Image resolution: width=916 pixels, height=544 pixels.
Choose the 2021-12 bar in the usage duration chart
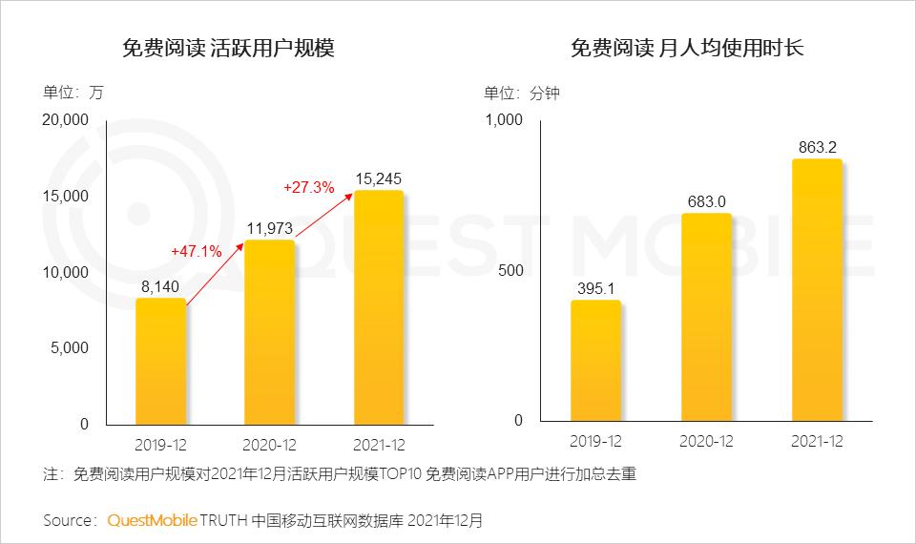817,290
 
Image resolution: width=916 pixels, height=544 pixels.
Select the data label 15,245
379,178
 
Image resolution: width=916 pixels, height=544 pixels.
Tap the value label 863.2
817,147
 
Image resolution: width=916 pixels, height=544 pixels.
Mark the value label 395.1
595,287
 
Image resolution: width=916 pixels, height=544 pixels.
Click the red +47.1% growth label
197,251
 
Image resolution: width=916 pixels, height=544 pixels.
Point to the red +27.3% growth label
308,188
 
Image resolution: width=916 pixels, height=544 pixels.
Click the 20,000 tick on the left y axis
66,120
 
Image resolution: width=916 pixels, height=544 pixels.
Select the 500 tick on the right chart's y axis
511,271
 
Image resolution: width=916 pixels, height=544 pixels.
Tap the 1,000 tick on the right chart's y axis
505,120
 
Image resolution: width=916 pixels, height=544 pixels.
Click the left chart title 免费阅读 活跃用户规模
228,49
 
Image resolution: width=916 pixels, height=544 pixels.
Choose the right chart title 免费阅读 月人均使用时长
687,49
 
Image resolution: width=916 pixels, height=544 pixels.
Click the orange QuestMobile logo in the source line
152,521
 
